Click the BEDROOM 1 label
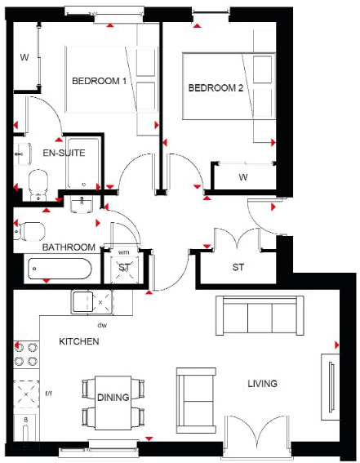(x=100, y=81)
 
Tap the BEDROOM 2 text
(x=216, y=88)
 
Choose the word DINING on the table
(x=113, y=398)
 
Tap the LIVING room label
(x=263, y=383)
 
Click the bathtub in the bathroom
(x=59, y=268)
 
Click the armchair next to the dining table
(x=193, y=398)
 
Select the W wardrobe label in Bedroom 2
(x=243, y=176)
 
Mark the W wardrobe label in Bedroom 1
(x=24, y=57)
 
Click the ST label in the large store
(x=238, y=267)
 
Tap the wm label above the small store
(x=124, y=252)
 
